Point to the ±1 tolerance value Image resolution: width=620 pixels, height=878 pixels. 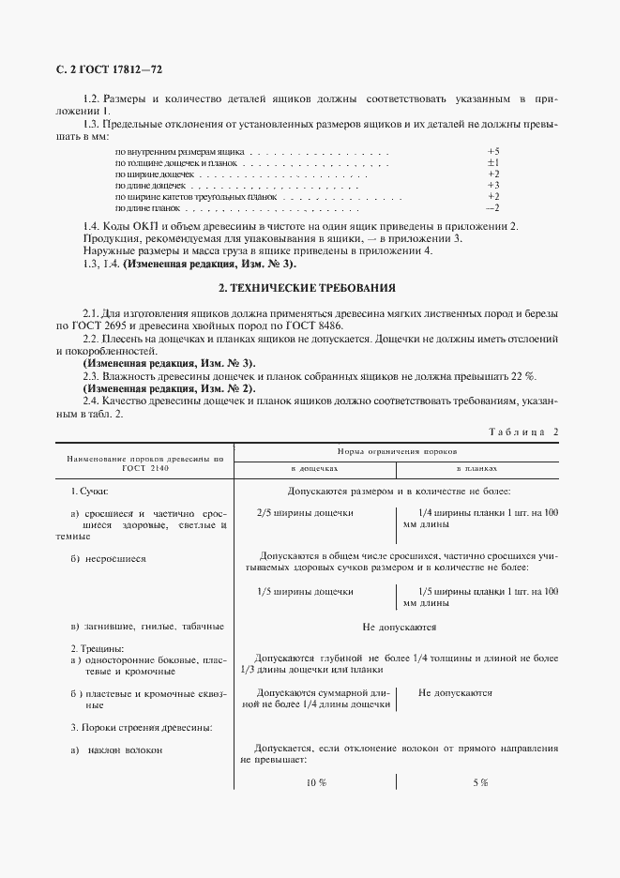(492, 162)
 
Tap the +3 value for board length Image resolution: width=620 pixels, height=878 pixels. (492, 186)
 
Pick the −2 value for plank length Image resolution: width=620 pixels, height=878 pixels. (492, 208)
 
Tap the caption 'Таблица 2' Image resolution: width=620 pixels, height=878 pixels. (522, 431)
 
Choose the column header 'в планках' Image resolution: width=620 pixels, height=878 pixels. (476, 466)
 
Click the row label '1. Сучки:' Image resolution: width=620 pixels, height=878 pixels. (91, 491)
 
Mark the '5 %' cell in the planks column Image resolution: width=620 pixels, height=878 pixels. (479, 783)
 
